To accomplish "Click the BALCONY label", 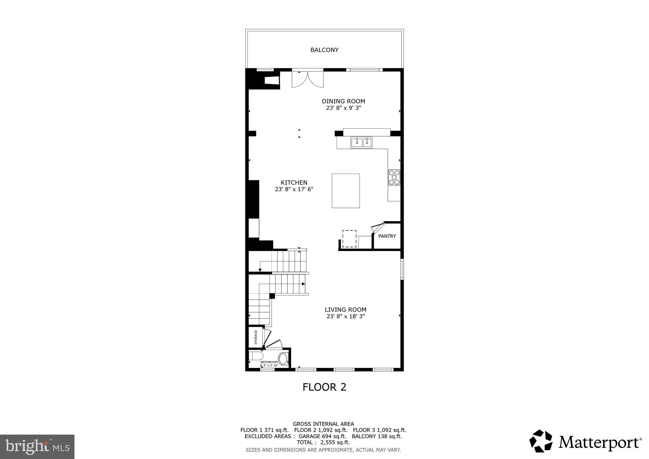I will coord(324,50).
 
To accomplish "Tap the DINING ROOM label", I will coord(343,101).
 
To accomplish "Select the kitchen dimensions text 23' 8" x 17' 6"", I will coord(294,189).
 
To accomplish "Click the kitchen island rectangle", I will coord(345,191).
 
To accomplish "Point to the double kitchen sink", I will coord(361,143).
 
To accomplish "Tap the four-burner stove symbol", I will coord(394,178).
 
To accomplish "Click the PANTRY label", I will coord(387,236).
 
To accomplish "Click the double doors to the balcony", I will coord(307,79).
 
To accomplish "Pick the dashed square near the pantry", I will coord(349,239).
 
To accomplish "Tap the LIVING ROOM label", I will coord(345,310).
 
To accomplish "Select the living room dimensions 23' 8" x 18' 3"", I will coord(345,316).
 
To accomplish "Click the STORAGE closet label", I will coord(256,337).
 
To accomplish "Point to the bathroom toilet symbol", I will coord(255,356).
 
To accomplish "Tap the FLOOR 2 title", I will coord(324,387).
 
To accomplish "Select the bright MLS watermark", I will coord(37,447).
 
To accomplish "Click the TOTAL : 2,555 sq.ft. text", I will coord(323,443).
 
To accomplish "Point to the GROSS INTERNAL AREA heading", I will coord(323,424).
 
